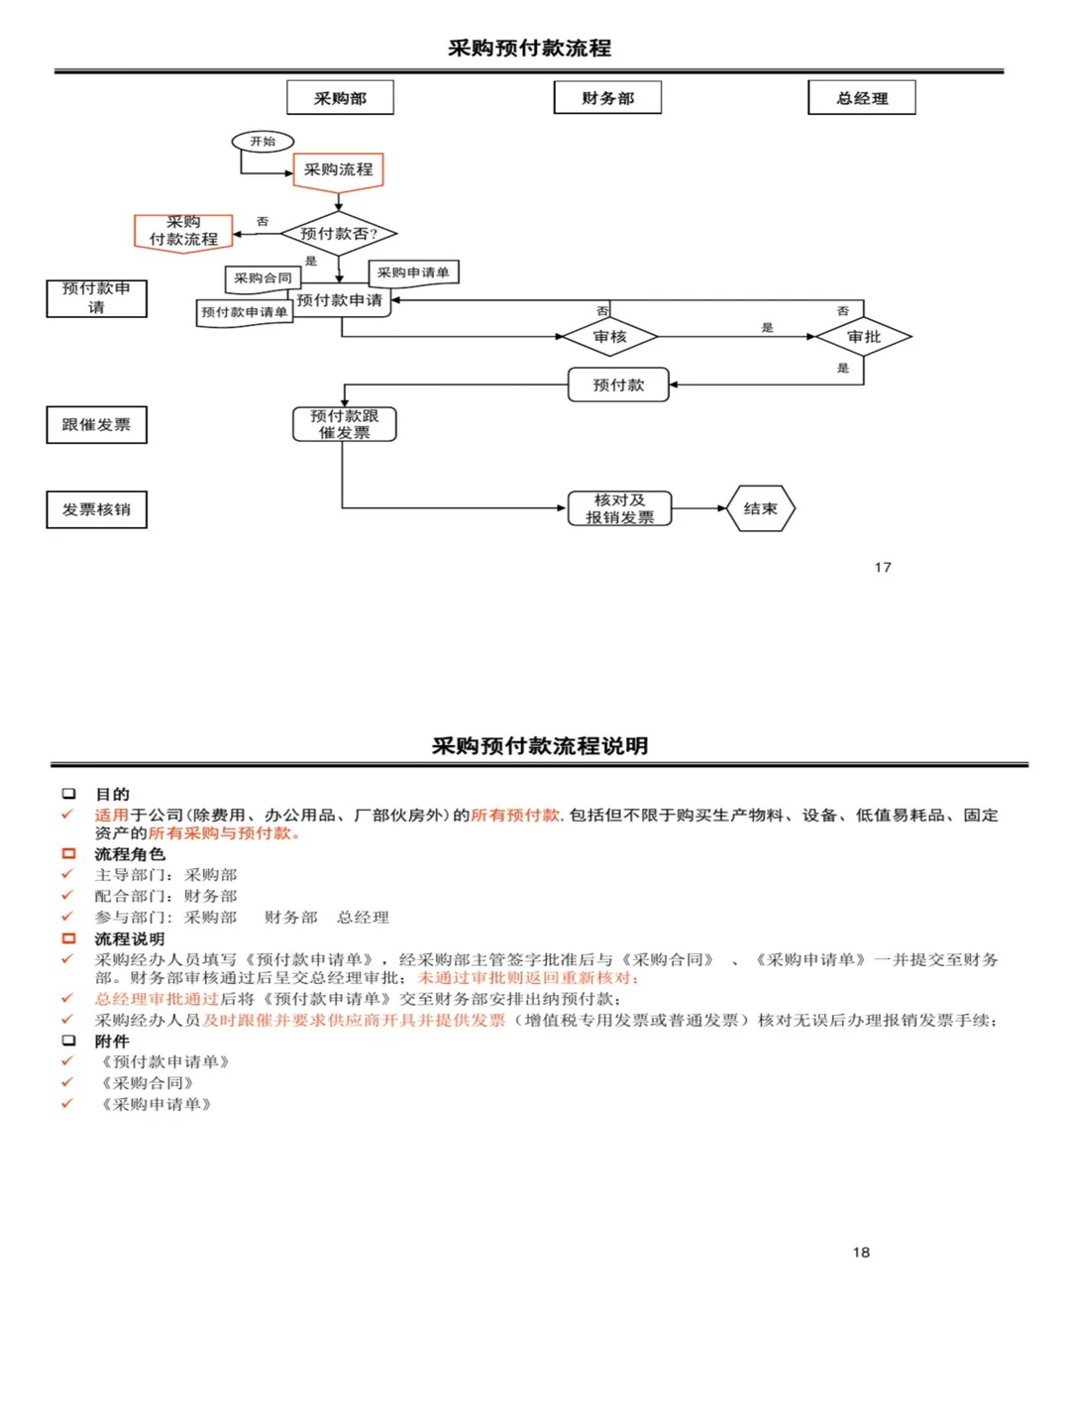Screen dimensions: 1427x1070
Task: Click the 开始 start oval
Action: (x=263, y=142)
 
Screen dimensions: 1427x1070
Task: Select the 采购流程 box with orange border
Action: (x=338, y=169)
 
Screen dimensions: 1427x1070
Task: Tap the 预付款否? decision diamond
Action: (x=339, y=234)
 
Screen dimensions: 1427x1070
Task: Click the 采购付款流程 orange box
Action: (x=183, y=232)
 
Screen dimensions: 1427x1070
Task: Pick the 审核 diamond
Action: (x=609, y=337)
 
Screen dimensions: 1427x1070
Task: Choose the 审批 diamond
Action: (x=863, y=337)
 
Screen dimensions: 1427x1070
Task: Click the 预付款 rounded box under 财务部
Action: (x=618, y=384)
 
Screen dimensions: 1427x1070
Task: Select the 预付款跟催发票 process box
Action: (x=344, y=424)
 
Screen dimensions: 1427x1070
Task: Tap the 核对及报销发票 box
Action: (x=619, y=508)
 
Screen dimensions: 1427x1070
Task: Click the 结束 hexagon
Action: (x=760, y=508)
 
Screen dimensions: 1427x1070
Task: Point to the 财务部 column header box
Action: (x=607, y=98)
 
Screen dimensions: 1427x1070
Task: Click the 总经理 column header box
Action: (x=861, y=98)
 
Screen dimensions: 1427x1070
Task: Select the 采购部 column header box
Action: (x=340, y=98)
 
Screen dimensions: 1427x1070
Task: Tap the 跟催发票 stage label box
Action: (x=96, y=425)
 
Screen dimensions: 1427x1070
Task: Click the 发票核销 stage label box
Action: (x=96, y=509)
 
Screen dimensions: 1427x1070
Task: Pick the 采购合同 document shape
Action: (x=263, y=278)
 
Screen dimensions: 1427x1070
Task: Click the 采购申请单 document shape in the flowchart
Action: (x=413, y=273)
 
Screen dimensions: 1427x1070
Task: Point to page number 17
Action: (x=883, y=567)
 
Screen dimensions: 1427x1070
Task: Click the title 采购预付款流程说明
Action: (x=540, y=746)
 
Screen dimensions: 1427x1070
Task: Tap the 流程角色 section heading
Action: (x=130, y=854)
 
